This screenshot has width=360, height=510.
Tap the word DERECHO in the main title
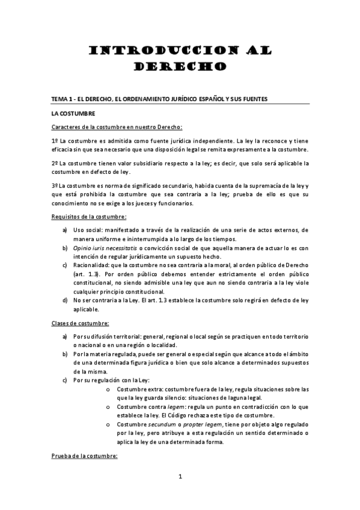click(180, 66)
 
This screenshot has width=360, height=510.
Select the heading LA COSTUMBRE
click(73, 113)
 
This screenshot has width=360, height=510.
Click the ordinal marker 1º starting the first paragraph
click(55, 139)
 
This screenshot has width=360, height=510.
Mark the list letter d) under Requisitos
click(64, 300)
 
